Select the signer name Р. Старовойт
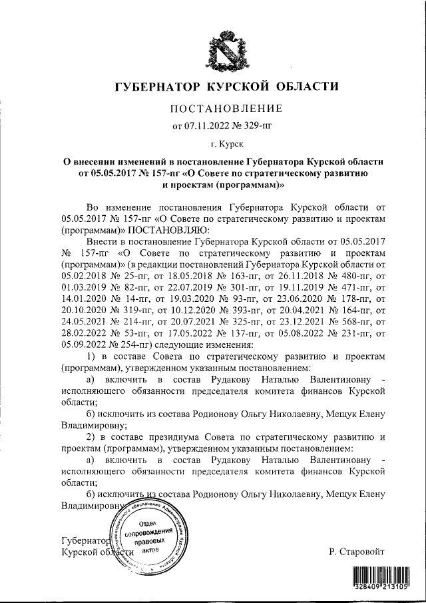pos(357,552)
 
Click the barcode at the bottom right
pos(380,578)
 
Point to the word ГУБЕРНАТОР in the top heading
pos(157,87)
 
